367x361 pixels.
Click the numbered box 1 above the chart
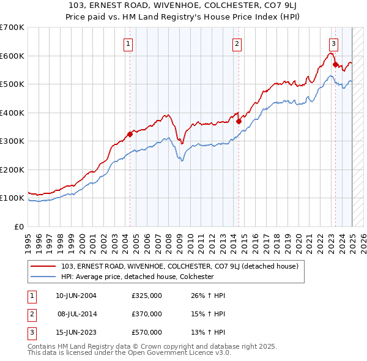point(129,43)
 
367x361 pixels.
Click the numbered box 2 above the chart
point(237,43)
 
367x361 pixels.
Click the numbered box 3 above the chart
point(333,43)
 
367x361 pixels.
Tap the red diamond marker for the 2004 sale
point(130,134)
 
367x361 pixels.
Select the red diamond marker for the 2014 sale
point(239,121)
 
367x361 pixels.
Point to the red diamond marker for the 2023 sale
point(335,64)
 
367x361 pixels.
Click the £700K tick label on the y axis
point(12,28)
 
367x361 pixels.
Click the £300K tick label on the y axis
point(12,141)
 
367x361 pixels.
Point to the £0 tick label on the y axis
point(18,226)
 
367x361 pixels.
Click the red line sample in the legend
point(44,266)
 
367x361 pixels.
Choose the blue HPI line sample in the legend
point(44,277)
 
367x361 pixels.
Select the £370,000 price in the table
point(147,314)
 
